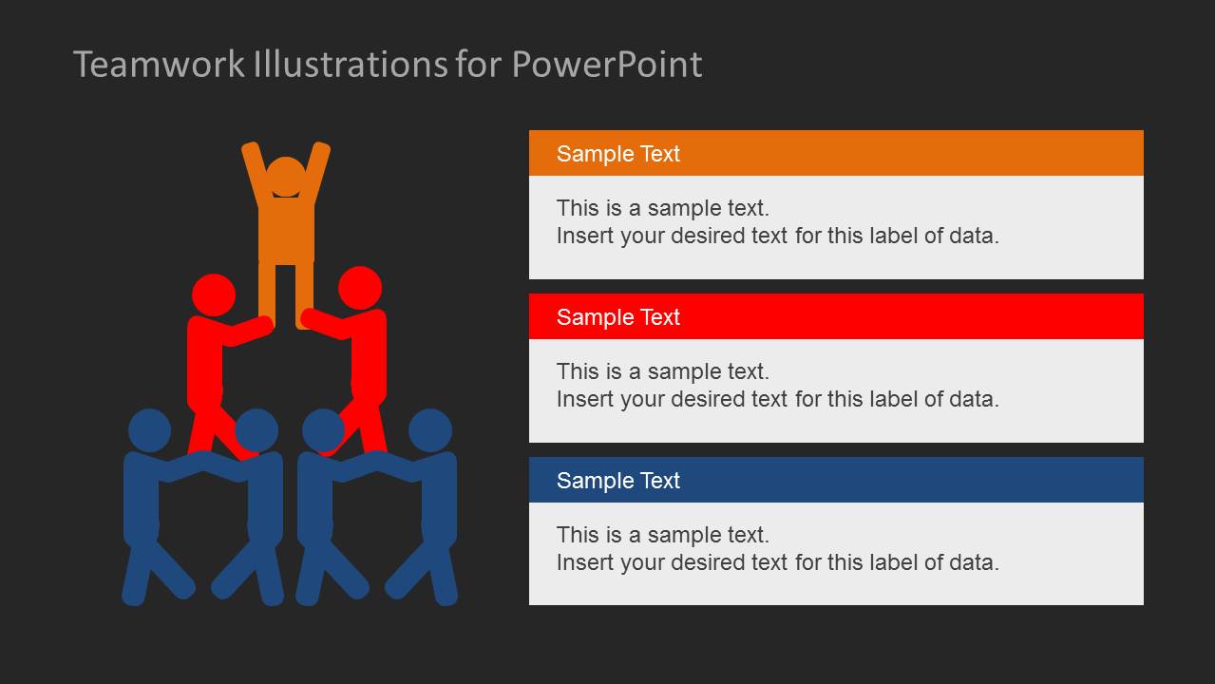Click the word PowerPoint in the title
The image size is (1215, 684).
[x=607, y=65]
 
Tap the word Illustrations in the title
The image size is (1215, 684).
[x=350, y=65]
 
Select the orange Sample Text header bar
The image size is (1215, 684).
[x=836, y=153]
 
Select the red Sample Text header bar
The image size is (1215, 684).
[x=836, y=316]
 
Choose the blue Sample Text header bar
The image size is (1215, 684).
[x=836, y=480]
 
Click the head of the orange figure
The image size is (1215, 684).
[x=286, y=178]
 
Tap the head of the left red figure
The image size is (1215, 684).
[x=214, y=294]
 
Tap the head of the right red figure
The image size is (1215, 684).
[x=360, y=288]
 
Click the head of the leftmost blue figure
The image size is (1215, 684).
[x=149, y=430]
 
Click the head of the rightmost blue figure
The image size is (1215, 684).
[x=430, y=430]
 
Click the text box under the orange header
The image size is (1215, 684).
[x=836, y=227]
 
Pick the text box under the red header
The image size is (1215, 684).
[x=836, y=390]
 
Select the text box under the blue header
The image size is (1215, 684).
[x=836, y=554]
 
